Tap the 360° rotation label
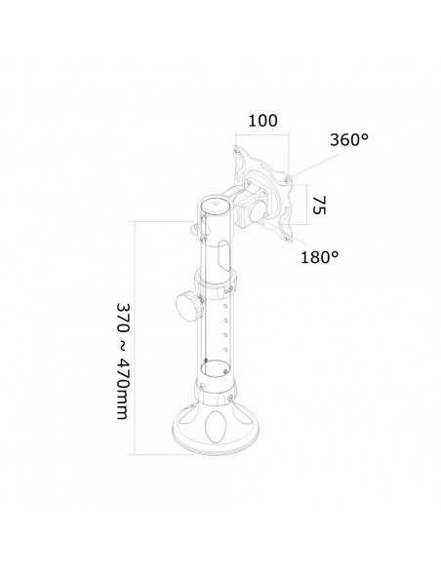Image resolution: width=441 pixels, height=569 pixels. coord(350,141)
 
